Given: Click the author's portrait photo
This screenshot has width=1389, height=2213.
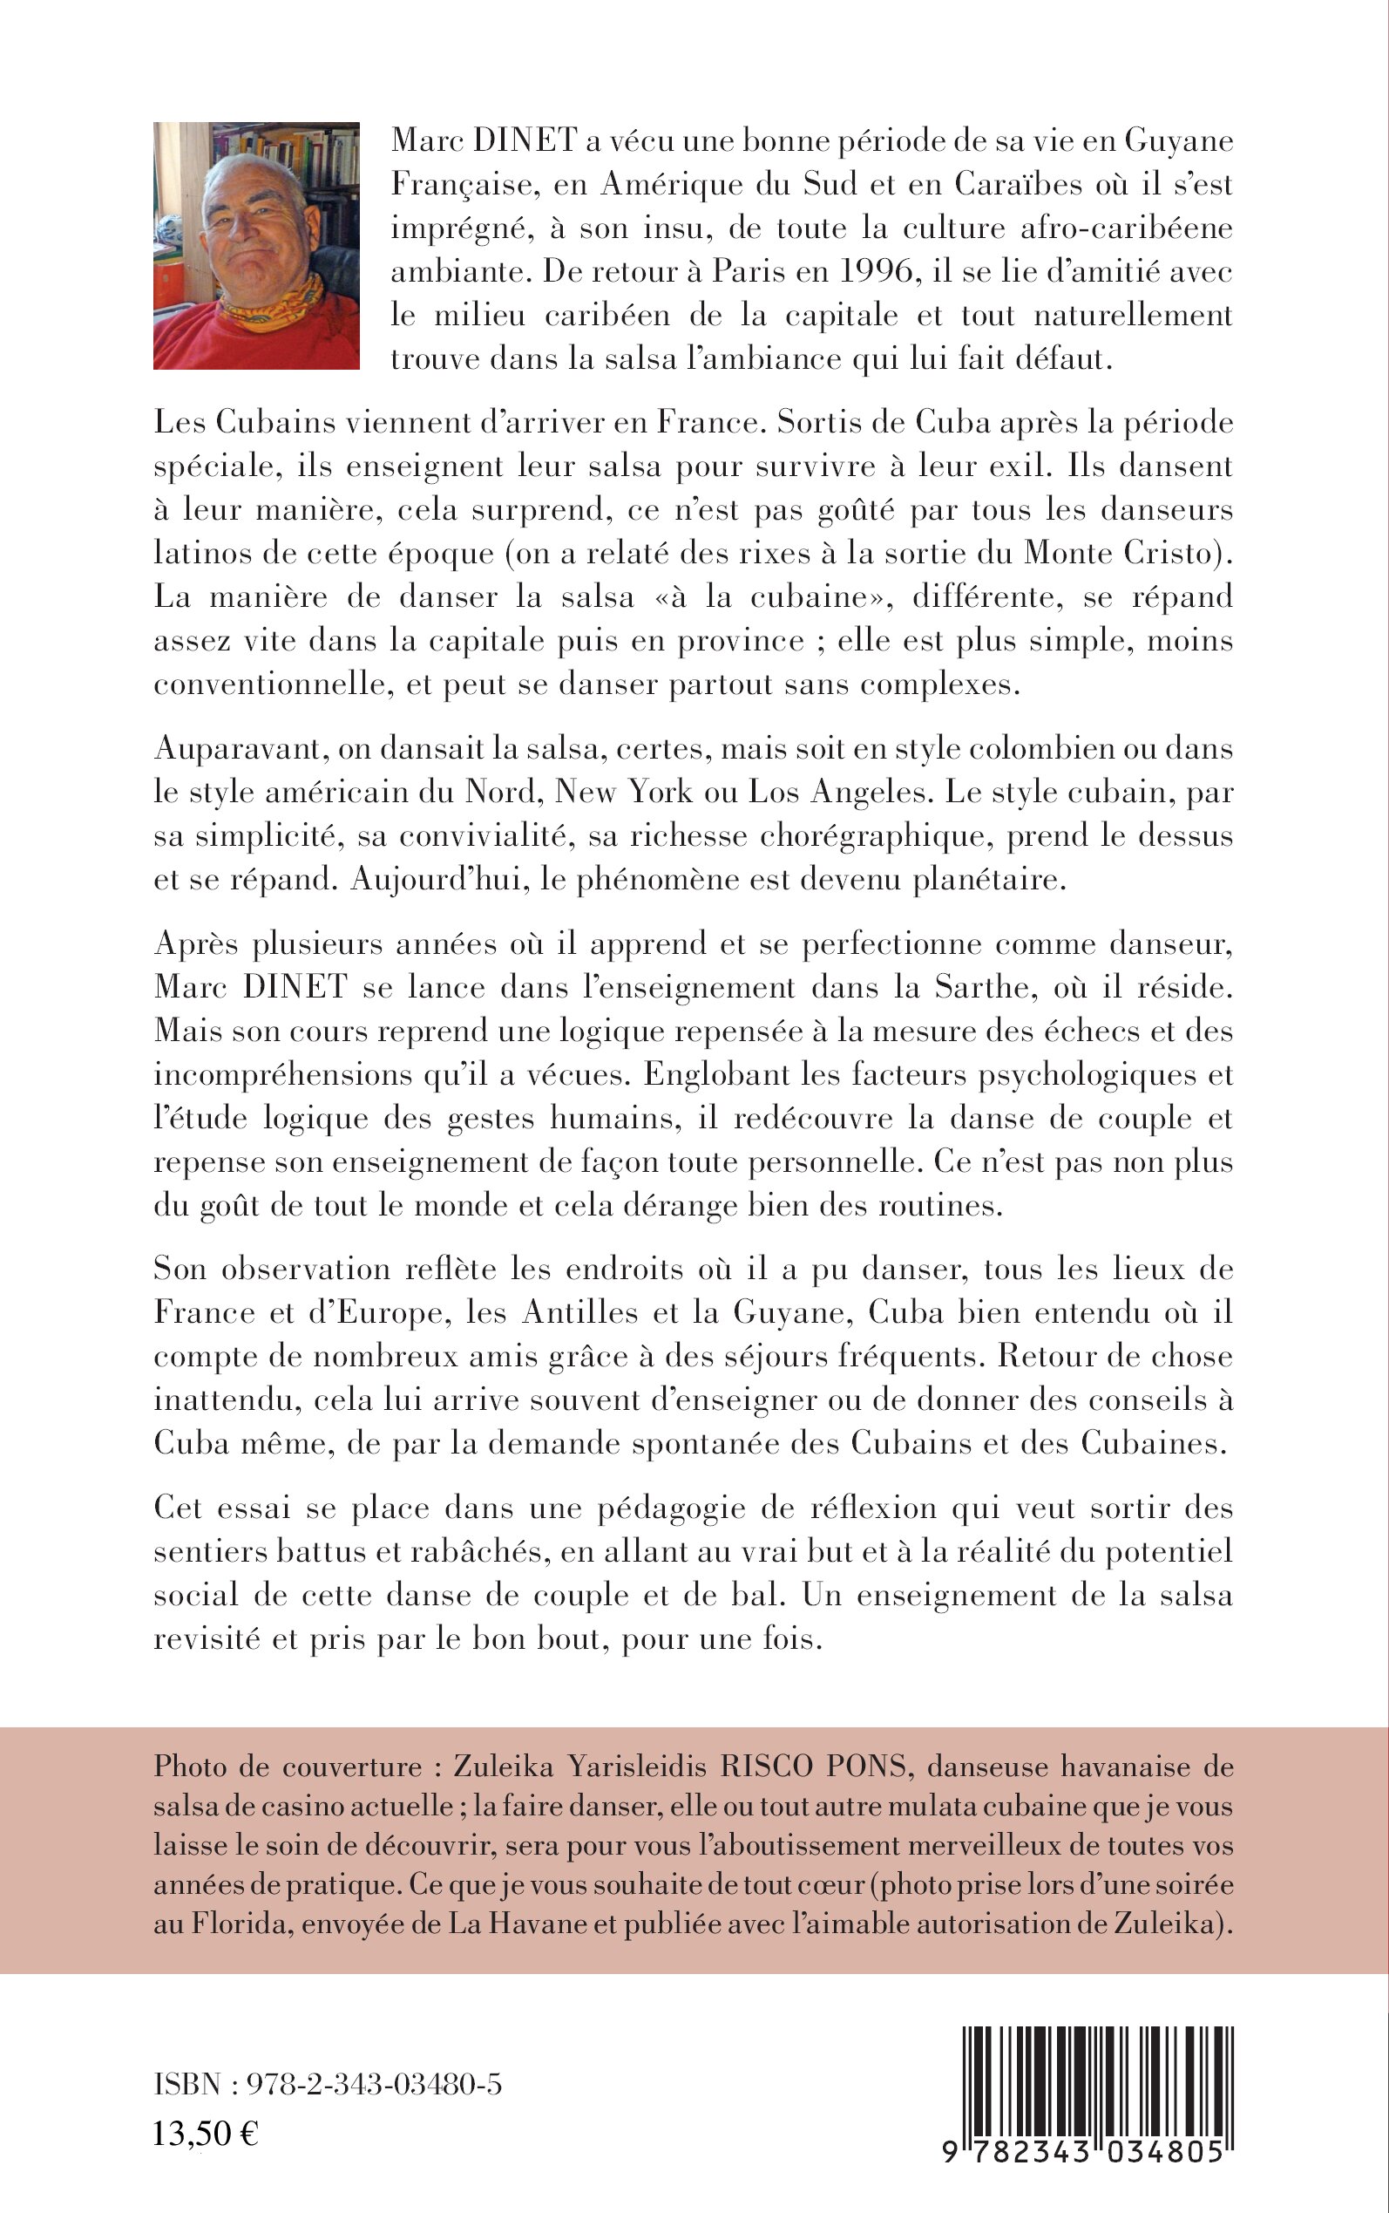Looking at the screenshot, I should [256, 245].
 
